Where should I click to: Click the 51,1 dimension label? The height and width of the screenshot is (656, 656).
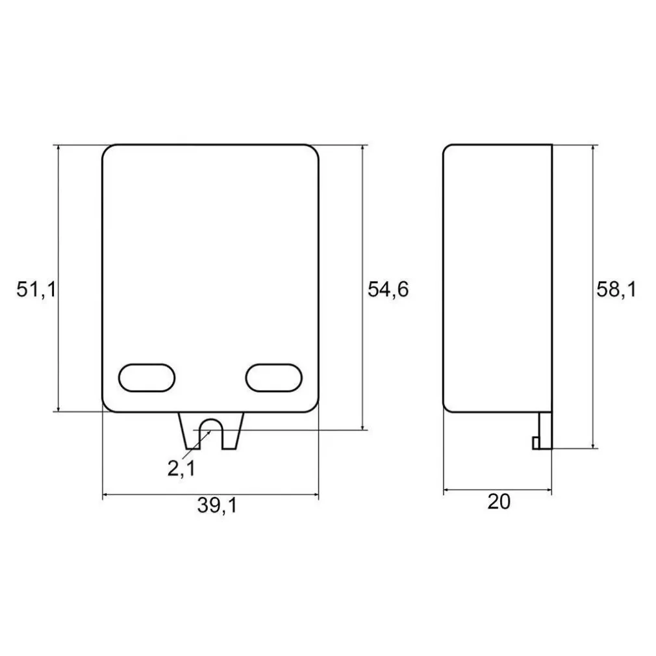[36, 290]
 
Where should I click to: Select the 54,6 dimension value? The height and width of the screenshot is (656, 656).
[388, 290]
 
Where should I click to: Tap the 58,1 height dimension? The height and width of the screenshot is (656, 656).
[616, 290]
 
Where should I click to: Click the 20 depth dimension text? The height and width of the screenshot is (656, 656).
[499, 502]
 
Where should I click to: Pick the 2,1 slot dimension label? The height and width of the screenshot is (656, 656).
[181, 468]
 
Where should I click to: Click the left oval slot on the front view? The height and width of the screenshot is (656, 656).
[147, 377]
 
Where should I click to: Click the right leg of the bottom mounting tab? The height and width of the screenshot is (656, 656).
[232, 431]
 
